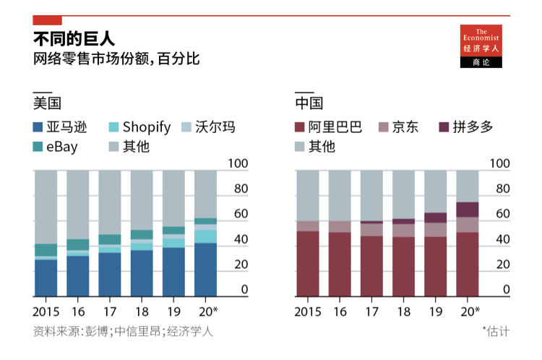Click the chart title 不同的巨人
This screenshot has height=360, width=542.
[x=74, y=38]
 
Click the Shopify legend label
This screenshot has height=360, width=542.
[x=147, y=127]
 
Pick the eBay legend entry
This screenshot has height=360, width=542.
[x=61, y=147]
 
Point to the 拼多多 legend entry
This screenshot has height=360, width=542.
[x=473, y=127]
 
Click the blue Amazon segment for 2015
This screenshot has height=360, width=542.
[x=46, y=278]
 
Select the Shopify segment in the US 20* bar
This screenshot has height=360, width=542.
[x=205, y=236]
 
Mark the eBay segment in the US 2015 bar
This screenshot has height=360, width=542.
[x=46, y=250]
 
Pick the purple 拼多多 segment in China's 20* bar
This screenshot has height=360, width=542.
[x=468, y=209]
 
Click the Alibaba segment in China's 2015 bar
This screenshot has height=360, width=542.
[x=308, y=263]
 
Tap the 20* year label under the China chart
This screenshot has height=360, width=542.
[x=469, y=311]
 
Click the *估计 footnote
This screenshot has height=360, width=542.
[x=496, y=332]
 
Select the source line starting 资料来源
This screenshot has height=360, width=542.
[x=123, y=332]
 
